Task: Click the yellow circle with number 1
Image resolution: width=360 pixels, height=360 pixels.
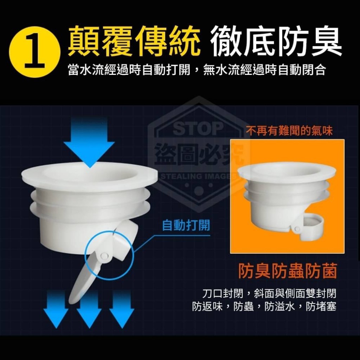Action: click(34, 52)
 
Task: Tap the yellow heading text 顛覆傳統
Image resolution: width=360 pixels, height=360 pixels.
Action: click(134, 41)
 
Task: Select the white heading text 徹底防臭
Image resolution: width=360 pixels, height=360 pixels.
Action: click(276, 41)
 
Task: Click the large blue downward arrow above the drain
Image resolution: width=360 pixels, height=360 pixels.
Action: click(89, 142)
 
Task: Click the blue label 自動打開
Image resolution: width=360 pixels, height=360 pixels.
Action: click(186, 225)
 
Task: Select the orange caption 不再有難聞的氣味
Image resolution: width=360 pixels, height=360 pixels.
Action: click(289, 131)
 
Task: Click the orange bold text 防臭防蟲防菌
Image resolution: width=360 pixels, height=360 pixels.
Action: click(288, 271)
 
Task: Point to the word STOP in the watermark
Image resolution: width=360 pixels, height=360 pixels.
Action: click(198, 129)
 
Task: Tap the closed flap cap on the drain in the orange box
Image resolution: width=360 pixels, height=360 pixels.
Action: click(313, 226)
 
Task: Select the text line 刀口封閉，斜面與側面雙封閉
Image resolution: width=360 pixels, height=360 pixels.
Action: click(269, 294)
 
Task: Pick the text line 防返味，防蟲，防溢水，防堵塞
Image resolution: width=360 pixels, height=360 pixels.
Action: click(264, 306)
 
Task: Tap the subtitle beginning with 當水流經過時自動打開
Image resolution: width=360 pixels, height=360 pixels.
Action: click(197, 69)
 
